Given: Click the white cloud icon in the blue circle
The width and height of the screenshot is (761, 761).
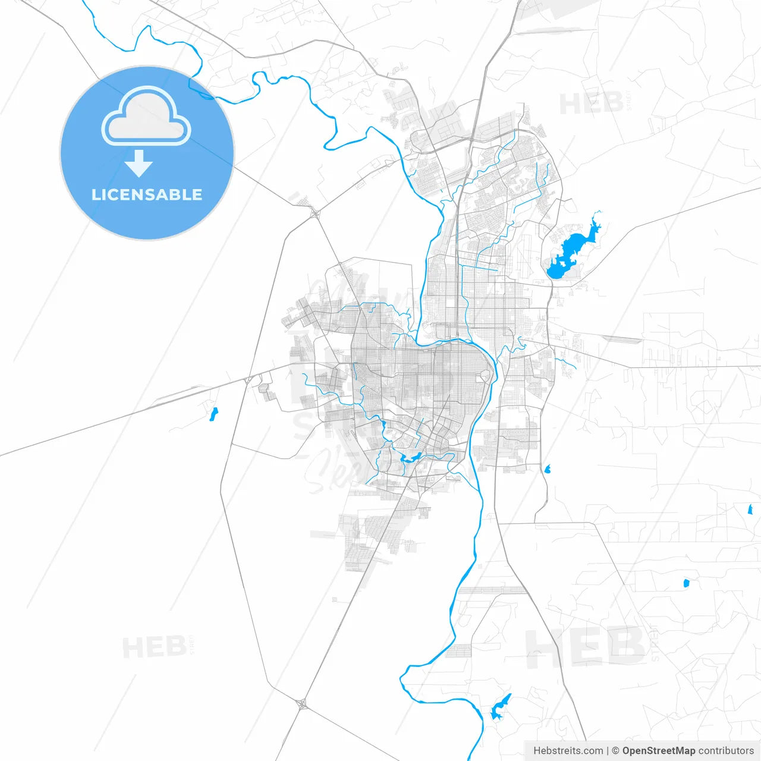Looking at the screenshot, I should (146, 116).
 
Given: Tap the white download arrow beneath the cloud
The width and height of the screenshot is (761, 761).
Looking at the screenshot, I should (139, 163).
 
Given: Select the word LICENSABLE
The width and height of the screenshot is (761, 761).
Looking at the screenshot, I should (147, 194).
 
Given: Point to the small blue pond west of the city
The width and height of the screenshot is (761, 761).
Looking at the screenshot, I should (213, 414).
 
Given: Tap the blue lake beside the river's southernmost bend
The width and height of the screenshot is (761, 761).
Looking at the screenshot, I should (499, 708).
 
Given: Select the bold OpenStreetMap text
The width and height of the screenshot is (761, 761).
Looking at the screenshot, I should (658, 751).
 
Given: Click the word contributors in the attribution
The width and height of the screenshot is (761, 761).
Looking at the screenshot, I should (726, 751).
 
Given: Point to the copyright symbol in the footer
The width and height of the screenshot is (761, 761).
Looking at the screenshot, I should (615, 751).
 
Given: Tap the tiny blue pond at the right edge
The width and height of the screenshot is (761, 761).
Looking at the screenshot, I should (750, 509).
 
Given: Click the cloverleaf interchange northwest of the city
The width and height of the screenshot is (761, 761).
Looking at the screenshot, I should (314, 212).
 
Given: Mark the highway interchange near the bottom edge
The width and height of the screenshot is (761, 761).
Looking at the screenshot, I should (301, 705).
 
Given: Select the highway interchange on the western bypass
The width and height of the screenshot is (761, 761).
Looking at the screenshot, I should (247, 379).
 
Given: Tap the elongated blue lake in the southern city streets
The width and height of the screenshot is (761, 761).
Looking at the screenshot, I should (410, 457).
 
